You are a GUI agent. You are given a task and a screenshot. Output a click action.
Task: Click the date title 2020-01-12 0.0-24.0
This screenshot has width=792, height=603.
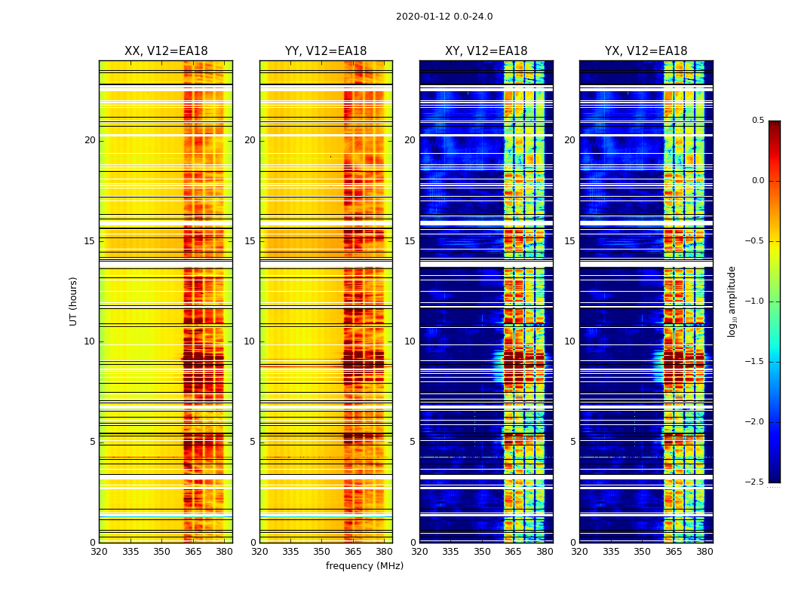pos(444,17)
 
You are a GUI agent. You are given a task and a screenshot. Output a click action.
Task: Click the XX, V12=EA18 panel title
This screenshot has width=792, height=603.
pos(166,51)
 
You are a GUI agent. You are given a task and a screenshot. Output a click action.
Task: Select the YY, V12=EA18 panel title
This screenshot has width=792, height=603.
pos(326,51)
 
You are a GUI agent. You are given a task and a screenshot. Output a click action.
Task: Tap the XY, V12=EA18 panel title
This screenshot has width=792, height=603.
pos(486,51)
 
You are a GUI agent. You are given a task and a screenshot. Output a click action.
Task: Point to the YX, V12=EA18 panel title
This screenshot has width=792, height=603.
pos(646,51)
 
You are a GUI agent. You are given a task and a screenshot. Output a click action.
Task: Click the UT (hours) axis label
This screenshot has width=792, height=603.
pos(73,301)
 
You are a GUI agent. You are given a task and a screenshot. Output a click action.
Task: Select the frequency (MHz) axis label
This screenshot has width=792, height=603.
pos(364,566)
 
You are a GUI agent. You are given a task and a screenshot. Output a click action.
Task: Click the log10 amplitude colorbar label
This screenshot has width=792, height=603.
pos(732,301)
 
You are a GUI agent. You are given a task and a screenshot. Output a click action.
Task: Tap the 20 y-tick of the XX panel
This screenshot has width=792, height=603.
pos(90,140)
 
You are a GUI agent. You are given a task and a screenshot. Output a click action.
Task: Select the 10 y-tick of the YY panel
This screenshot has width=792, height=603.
pos(250,341)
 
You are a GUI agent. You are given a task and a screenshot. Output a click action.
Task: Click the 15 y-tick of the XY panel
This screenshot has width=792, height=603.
pos(410,241)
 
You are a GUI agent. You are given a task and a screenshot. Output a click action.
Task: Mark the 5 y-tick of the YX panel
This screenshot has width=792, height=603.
pos(573,442)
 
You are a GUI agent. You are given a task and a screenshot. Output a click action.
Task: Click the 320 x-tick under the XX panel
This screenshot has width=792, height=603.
pos(99,551)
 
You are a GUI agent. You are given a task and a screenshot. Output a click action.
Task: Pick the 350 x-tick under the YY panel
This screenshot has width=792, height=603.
pos(322,551)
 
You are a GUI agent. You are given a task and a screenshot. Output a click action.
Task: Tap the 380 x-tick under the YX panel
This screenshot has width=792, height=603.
pos(705,551)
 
